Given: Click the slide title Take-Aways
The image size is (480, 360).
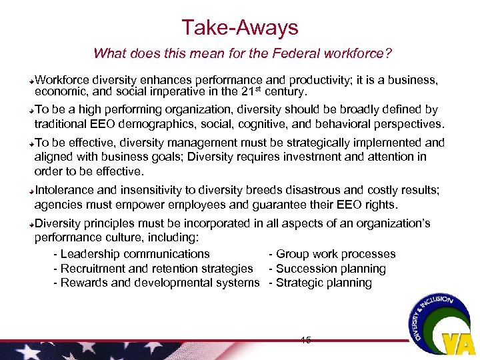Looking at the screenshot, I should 240,27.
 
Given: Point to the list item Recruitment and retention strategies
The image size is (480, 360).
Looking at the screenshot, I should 157,269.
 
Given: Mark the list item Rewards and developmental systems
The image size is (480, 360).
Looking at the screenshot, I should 159,283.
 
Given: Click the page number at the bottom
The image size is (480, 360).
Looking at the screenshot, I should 306,340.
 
